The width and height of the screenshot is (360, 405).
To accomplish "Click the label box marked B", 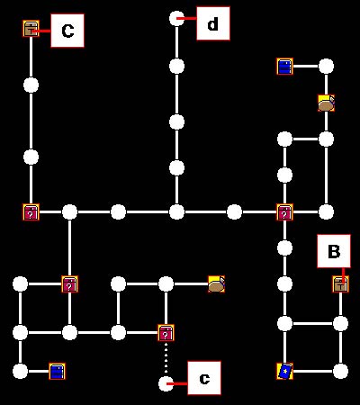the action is tap(334, 251).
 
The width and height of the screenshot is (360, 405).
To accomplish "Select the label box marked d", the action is tap(213, 23).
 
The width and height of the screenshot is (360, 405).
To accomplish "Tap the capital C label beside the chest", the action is tap(67, 31).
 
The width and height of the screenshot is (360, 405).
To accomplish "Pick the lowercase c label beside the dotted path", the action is tap(204, 378).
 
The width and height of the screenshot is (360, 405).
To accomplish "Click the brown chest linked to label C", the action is tap(31, 29).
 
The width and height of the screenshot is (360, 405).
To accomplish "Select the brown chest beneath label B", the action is tap(340, 284).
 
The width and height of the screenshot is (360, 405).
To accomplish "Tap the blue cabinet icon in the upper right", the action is tap(284, 67).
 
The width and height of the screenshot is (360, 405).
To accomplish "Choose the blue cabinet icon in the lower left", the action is tap(57, 372).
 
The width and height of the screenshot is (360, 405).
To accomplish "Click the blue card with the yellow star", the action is tap(284, 372).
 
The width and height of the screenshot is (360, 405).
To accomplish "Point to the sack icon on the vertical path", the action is tap(326, 103).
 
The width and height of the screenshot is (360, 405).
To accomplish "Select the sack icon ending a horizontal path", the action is tap(216, 284).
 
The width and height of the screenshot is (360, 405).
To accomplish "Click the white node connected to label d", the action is tap(176, 19).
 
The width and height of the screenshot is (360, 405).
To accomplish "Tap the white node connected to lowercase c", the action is tap(166, 384).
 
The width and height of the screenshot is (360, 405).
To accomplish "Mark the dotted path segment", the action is tap(166, 358).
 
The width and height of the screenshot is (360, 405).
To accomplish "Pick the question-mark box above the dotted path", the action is tap(166, 333).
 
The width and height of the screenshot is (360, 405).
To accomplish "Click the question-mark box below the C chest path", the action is tap(31, 212).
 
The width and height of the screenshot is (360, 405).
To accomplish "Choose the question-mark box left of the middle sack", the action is tap(69, 284).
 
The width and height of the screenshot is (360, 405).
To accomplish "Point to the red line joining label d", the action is tap(186, 19).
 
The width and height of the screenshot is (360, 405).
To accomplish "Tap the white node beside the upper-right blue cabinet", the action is tap(326, 67).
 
